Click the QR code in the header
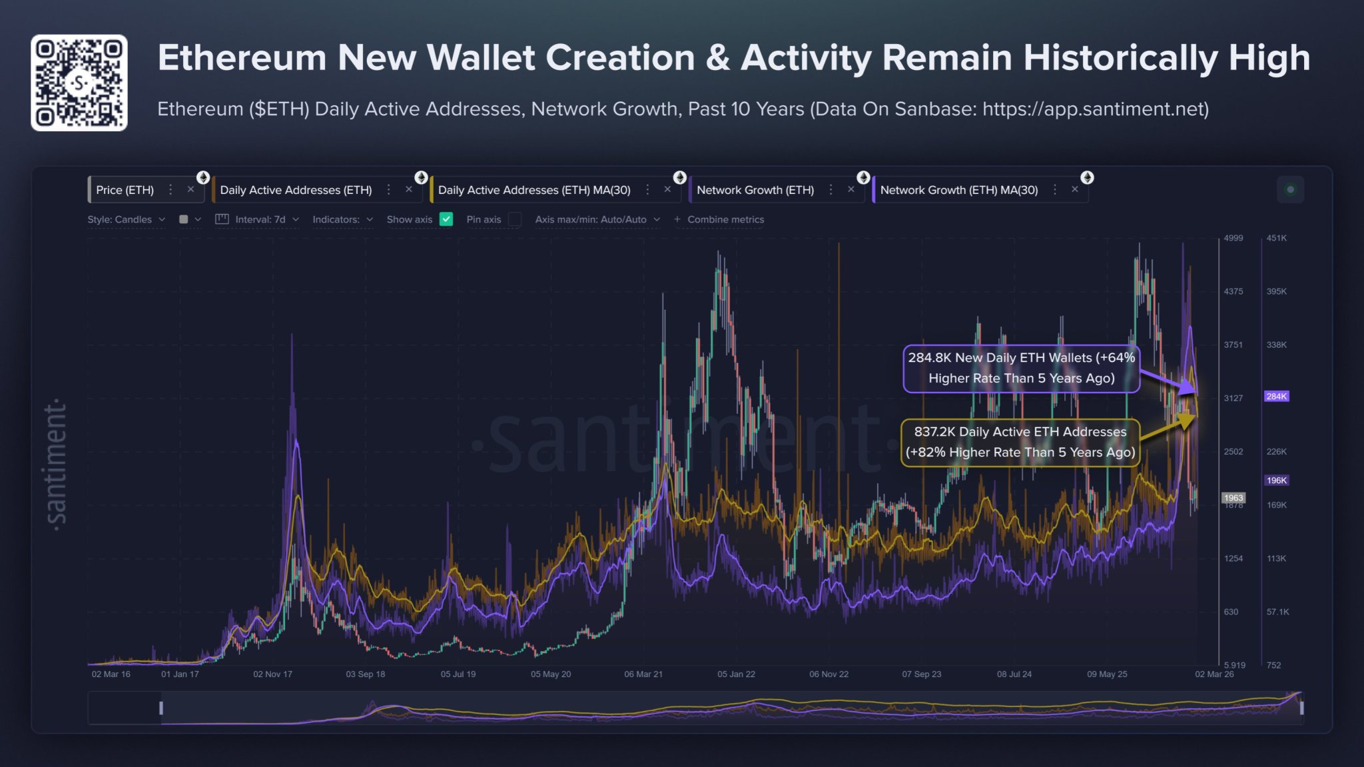point(79,83)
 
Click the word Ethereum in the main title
point(241,58)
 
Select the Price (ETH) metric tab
point(125,190)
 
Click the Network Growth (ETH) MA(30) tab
point(958,190)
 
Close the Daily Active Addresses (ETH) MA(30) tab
point(667,190)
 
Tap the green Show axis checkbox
point(446,219)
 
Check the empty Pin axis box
point(514,219)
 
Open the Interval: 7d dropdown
point(260,219)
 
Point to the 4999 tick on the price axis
point(1233,238)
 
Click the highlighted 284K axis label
point(1276,396)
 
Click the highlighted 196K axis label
point(1276,480)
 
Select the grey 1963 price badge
point(1233,498)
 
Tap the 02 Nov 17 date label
point(272,674)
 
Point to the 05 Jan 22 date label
point(736,674)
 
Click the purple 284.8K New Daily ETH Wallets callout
point(1020,368)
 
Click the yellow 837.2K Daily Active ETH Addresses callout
point(1020,442)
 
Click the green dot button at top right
point(1290,190)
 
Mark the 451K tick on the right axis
point(1276,238)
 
